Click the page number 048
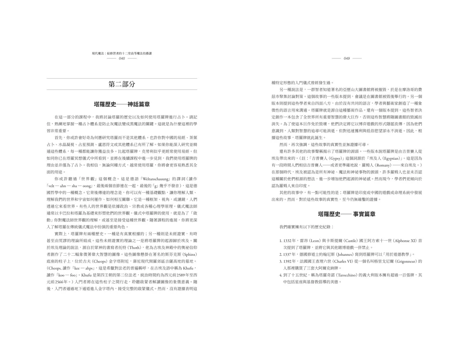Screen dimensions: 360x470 pyautogui.click(x=122, y=58)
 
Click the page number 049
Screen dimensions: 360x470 pyautogui.click(x=346, y=58)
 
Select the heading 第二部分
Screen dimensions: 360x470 pyautogui.click(x=122, y=84)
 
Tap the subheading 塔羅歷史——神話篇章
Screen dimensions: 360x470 pyautogui.click(x=122, y=103)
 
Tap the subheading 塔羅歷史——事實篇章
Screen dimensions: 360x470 pyautogui.click(x=346, y=214)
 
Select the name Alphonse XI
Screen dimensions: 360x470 pyautogui.click(x=404, y=241)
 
